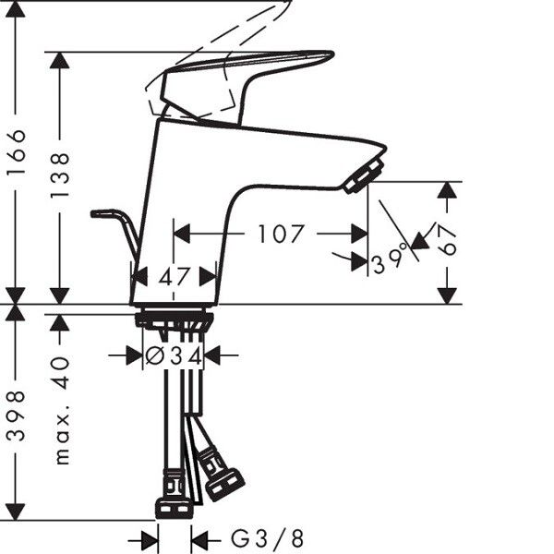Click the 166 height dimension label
17,152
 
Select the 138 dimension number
59,175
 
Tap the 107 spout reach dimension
281,234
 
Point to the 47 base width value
175,277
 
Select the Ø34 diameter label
174,355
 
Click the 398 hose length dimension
17,415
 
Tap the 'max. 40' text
62,411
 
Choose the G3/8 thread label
267,539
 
